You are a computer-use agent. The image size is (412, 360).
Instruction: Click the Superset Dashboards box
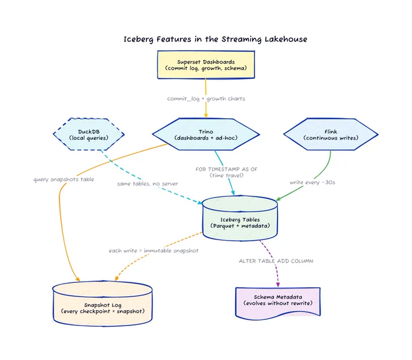click(x=206, y=65)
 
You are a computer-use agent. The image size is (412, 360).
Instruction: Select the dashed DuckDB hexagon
click(x=88, y=135)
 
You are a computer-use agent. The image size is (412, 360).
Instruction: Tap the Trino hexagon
click(x=206, y=135)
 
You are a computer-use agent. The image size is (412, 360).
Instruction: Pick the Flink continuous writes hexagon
click(x=331, y=135)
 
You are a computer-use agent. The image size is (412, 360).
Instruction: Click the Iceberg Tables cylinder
click(x=240, y=218)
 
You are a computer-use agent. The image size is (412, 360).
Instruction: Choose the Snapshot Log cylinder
click(x=102, y=304)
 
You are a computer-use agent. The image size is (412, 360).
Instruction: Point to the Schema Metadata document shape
click(x=278, y=303)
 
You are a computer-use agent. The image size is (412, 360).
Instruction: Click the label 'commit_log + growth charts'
click(x=206, y=99)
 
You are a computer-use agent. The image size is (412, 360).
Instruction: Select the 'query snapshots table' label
click(x=64, y=179)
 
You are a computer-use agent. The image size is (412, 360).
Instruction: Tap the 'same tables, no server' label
click(x=147, y=184)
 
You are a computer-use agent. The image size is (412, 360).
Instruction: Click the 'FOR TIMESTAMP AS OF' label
click(x=227, y=169)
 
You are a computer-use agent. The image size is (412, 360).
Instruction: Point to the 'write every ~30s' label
click(x=313, y=182)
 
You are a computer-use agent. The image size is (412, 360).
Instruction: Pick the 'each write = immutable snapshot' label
click(x=153, y=251)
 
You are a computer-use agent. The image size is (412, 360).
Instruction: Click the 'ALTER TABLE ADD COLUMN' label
click(x=276, y=261)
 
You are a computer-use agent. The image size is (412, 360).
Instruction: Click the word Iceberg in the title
click(x=139, y=39)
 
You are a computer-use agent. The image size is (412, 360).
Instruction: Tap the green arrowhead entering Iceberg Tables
click(x=279, y=199)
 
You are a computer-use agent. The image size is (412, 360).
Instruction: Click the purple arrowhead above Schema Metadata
click(x=278, y=285)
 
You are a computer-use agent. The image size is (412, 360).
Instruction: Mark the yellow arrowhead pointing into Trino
click(x=206, y=116)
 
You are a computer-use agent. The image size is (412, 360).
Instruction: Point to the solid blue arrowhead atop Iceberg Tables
click(x=233, y=192)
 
